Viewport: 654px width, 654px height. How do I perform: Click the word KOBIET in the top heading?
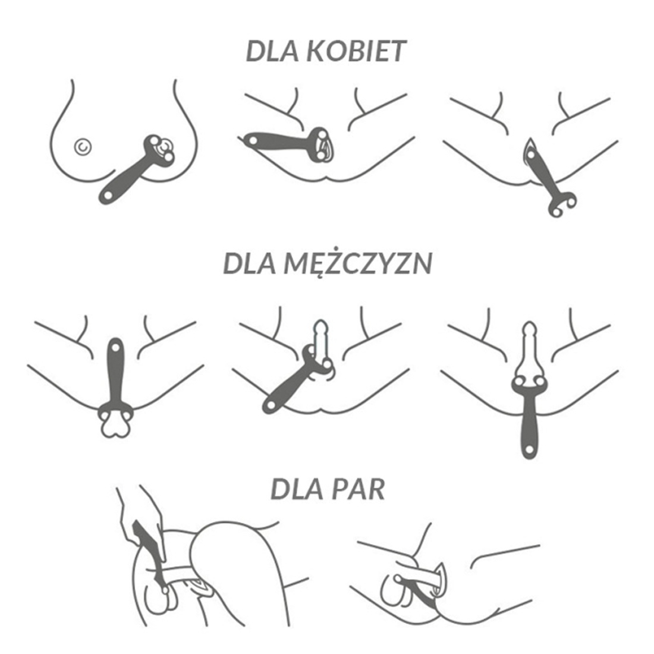click(356, 51)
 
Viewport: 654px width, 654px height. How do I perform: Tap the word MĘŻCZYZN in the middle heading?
click(358, 263)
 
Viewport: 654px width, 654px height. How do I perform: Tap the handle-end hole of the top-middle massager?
click(252, 140)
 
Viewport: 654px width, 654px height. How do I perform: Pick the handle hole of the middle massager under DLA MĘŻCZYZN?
click(269, 404)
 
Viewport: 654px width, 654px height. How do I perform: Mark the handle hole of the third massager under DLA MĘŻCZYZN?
click(529, 450)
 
